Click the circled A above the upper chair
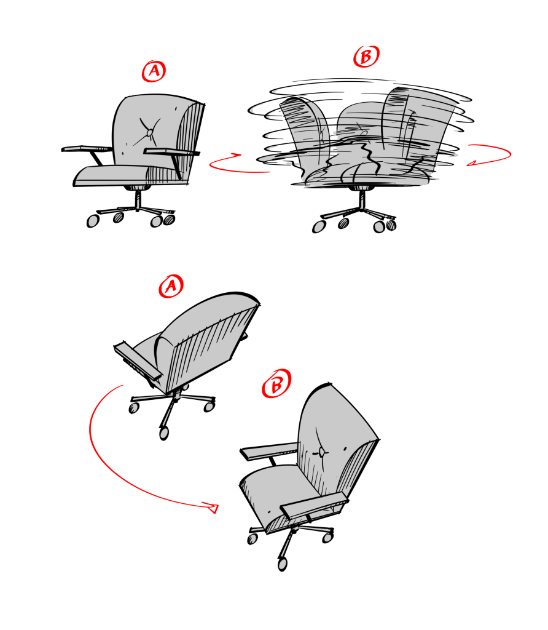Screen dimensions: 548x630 154,71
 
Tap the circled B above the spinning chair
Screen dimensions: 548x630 366,56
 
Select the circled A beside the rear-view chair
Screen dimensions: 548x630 171,286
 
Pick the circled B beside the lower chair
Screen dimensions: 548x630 276,384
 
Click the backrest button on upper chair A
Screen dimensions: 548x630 150,132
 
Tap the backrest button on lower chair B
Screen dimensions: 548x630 322,452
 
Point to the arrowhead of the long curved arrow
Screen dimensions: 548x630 211,508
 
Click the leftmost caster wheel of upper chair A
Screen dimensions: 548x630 93,221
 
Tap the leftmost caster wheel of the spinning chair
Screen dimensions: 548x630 319,227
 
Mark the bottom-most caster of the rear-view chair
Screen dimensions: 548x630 163,433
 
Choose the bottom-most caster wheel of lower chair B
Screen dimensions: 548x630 283,564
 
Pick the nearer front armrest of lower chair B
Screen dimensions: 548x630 314,504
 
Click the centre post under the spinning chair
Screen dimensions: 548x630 362,200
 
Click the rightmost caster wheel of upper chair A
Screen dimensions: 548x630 169,220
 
